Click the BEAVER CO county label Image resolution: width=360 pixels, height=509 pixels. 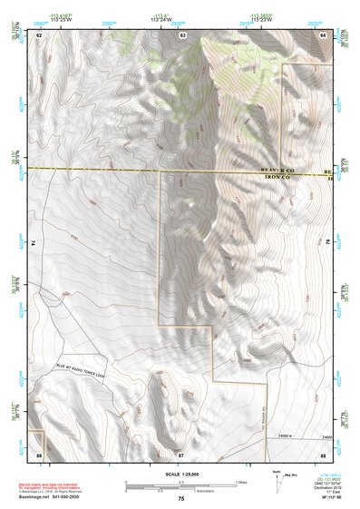point(277,171)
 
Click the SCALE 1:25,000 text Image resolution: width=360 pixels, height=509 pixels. point(180,473)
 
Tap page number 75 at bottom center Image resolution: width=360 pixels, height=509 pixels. point(180,498)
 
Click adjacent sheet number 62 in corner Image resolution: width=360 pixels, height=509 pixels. point(39,34)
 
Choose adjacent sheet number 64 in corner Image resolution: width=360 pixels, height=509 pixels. point(323,34)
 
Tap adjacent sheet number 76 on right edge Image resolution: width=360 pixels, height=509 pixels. point(328,243)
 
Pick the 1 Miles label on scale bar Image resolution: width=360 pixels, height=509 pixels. point(238,481)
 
